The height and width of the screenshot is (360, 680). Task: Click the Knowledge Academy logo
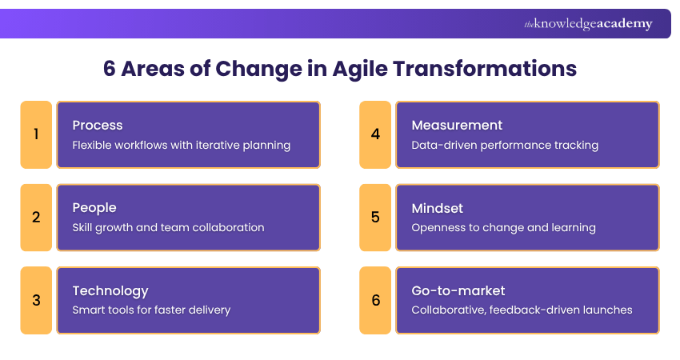click(x=588, y=24)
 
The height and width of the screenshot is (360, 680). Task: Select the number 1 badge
click(x=36, y=134)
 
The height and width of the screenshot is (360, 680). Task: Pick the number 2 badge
click(x=36, y=218)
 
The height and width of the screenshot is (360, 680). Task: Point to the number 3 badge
click(x=36, y=301)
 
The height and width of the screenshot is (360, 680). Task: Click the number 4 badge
click(x=375, y=134)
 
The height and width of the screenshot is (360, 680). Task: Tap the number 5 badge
click(x=375, y=218)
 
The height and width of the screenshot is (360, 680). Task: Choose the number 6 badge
click(x=375, y=301)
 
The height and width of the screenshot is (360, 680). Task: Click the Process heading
click(x=98, y=125)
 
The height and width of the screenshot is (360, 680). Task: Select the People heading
click(x=94, y=208)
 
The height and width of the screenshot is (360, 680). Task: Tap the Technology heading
click(x=110, y=290)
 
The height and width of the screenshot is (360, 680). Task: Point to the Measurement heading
click(x=457, y=125)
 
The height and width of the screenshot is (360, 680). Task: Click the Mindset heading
click(x=438, y=208)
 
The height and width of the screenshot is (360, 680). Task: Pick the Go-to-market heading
click(x=458, y=290)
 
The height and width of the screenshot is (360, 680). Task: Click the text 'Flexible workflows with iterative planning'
click(x=181, y=146)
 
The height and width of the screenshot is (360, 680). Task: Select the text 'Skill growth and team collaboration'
click(x=168, y=228)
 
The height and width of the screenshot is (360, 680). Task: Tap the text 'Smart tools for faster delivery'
click(x=151, y=310)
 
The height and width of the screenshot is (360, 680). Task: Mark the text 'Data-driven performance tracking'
click(x=505, y=146)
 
